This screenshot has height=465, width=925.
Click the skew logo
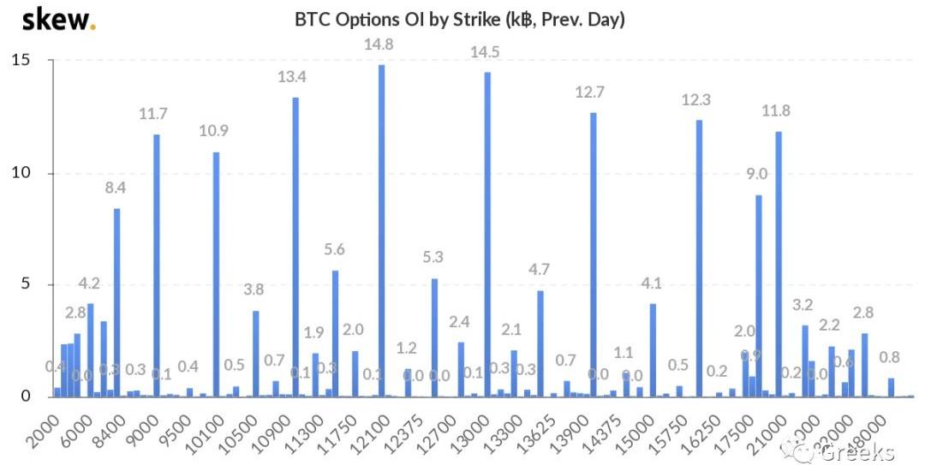58,20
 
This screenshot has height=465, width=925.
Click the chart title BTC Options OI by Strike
460,19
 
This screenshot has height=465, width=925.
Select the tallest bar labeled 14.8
381,231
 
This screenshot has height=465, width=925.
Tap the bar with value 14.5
487,235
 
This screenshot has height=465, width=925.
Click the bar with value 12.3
699,258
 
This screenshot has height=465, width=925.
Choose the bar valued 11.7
156,265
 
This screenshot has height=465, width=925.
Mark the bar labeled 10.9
216,274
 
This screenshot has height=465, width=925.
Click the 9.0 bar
758,295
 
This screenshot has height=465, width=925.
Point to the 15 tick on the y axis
21,61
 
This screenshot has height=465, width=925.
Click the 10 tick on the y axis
21,173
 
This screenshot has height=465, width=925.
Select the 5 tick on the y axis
25,285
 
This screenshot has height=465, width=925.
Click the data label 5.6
334,250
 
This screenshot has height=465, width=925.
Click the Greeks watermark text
856,452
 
